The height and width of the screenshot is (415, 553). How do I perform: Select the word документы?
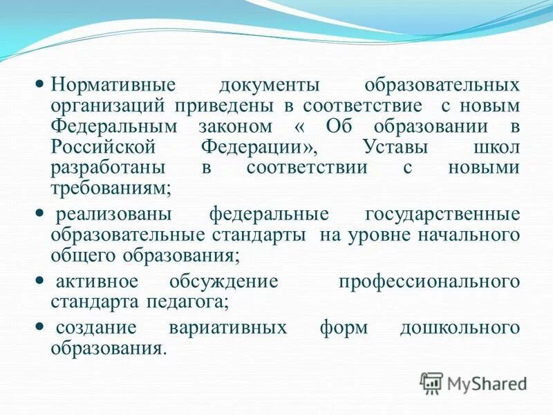pyautogui.click(x=270, y=87)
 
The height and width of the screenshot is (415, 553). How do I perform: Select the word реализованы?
pyautogui.click(x=110, y=214)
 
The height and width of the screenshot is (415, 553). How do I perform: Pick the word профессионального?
pyautogui.click(x=429, y=282)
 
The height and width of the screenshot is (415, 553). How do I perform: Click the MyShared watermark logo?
pyautogui.click(x=474, y=383)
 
